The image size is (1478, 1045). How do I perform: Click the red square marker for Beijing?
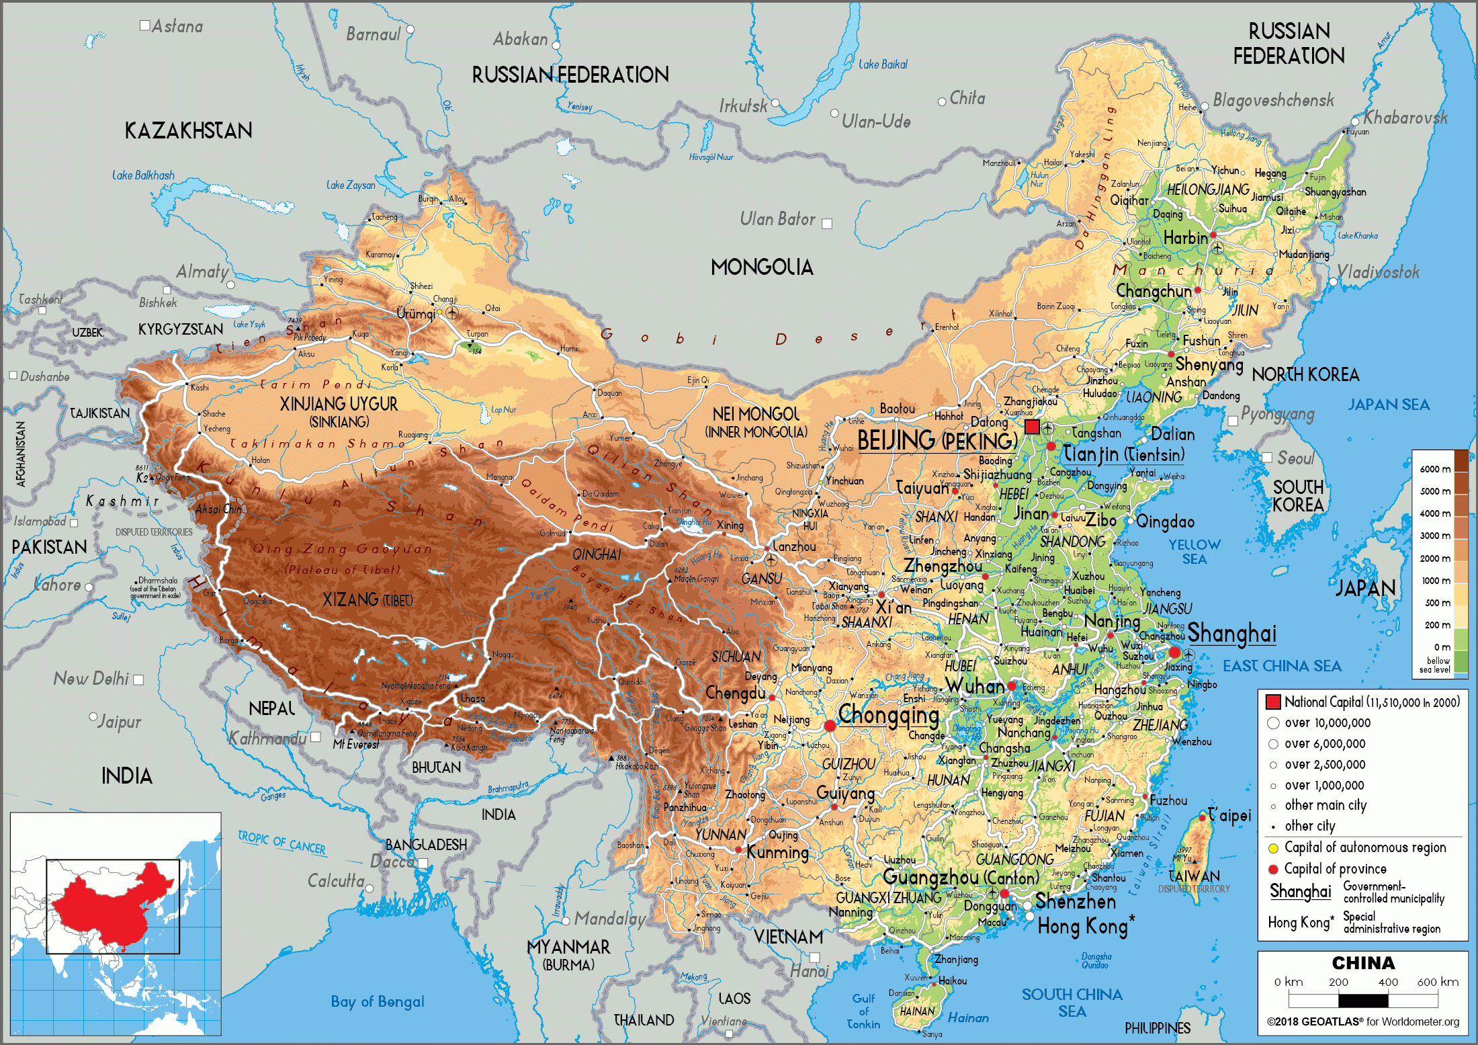click(1033, 427)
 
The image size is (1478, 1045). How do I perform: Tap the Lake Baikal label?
click(883, 65)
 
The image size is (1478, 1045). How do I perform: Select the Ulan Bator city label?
click(777, 219)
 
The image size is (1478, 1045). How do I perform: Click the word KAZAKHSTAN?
click(188, 130)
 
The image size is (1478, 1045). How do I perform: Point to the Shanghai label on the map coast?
click(1231, 634)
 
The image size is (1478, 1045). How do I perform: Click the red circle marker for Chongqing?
click(830, 726)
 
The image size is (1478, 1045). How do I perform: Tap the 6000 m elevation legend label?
click(1434, 469)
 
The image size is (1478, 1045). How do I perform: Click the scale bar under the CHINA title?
click(1363, 1000)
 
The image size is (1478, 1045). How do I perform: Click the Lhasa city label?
click(472, 699)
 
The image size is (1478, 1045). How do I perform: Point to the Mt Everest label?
click(355, 745)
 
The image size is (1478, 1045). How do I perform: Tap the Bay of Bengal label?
click(377, 1001)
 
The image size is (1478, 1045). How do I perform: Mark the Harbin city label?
click(1185, 238)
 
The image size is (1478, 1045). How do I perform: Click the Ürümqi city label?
click(416, 314)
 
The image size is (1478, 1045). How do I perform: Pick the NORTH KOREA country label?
click(1305, 375)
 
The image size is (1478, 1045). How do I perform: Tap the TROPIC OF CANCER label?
click(281, 843)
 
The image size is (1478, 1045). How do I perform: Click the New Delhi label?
click(91, 679)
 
